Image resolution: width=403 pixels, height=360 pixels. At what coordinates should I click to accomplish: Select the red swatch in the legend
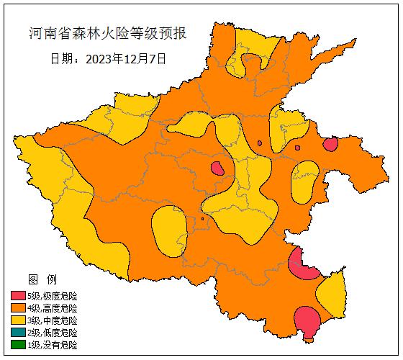tap(18, 296)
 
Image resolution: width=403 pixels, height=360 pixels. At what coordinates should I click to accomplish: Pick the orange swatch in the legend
tap(18, 308)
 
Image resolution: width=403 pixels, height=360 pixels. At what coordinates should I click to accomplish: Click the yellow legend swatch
tap(18, 320)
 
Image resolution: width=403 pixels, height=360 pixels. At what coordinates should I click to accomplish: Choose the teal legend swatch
tap(18, 333)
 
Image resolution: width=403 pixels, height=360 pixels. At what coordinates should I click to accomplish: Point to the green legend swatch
tap(18, 345)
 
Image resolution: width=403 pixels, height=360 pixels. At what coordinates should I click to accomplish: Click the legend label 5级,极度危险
tap(52, 296)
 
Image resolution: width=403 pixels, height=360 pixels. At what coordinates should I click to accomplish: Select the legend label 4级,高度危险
tap(52, 308)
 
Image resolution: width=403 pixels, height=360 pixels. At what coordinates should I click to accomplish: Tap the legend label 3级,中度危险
tap(52, 320)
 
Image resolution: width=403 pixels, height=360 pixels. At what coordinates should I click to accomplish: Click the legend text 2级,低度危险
tap(52, 333)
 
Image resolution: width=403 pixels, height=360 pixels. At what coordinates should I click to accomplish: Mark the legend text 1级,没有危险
tap(52, 345)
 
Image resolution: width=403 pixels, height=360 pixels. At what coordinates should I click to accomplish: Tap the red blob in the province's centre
tap(217, 169)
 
